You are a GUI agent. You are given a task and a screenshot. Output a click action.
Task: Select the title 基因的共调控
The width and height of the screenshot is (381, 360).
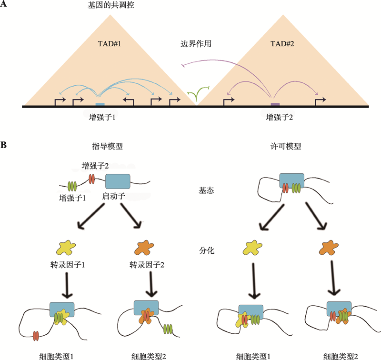point(113,6)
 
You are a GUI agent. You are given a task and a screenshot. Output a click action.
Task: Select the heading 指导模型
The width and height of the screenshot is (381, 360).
point(108,146)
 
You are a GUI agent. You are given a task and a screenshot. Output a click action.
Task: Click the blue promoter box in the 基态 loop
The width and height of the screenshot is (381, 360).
point(291,179)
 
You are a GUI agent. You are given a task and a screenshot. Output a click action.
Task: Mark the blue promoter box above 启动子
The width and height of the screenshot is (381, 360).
point(117,181)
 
